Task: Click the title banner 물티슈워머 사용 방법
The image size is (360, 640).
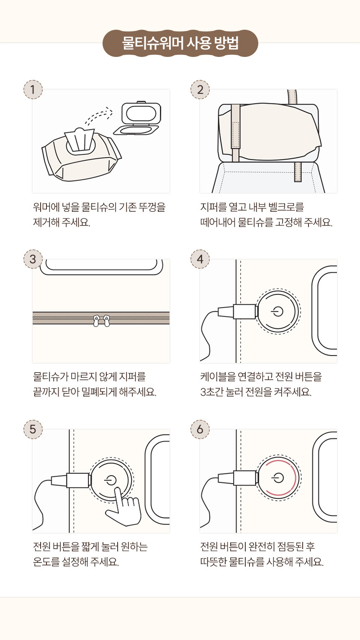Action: (180, 43)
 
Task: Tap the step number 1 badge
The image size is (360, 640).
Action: (33, 90)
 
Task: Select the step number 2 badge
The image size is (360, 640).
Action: (200, 90)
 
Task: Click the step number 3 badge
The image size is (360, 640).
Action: (33, 259)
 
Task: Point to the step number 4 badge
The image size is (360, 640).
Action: (200, 259)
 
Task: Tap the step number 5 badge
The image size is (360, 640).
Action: (33, 429)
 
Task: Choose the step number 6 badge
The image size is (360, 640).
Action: (200, 429)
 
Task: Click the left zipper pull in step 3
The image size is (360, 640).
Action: (96, 321)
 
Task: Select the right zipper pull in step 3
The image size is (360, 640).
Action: (106, 321)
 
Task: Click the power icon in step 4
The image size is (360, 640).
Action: (278, 311)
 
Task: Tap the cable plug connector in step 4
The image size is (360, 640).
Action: (238, 311)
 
